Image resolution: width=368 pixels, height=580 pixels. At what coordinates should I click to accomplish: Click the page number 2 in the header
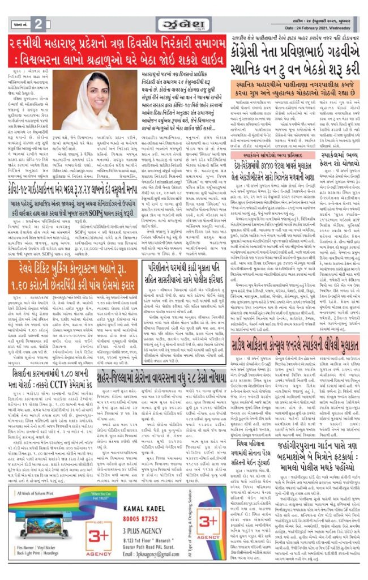pos(38,23)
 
